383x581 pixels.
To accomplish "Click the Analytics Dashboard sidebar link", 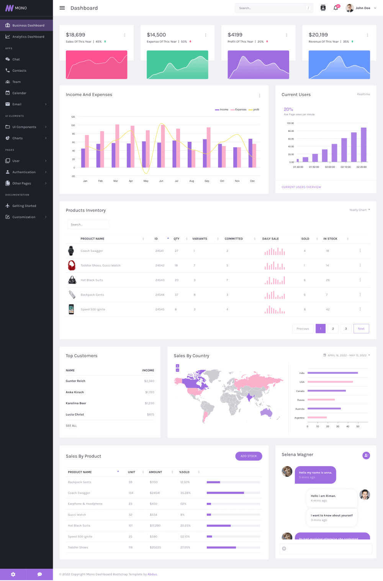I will (x=28, y=37).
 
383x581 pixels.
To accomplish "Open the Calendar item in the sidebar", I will (x=19, y=93).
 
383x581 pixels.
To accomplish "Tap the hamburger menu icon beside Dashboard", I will (x=62, y=8).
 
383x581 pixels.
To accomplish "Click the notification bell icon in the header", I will (x=336, y=8).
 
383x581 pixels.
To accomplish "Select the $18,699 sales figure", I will (x=75, y=35).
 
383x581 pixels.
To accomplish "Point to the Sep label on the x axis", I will (x=207, y=181).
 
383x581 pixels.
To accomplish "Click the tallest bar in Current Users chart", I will (x=363, y=144).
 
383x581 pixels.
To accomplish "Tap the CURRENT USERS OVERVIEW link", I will (x=301, y=187).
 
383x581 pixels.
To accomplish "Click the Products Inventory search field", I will (x=88, y=225).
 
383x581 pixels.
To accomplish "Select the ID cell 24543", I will (x=160, y=280).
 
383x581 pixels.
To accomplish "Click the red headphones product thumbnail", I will (x=72, y=265).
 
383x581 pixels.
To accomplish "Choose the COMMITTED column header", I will (x=234, y=239).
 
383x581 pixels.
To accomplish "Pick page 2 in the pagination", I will (x=333, y=328).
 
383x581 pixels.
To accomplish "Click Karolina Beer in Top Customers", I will (x=76, y=403).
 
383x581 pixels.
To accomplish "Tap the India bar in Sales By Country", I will (x=332, y=373).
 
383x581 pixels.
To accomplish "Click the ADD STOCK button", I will (x=249, y=456).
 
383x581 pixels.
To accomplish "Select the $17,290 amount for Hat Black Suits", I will (x=155, y=525).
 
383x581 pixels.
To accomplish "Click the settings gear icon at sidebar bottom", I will (x=13, y=574).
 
